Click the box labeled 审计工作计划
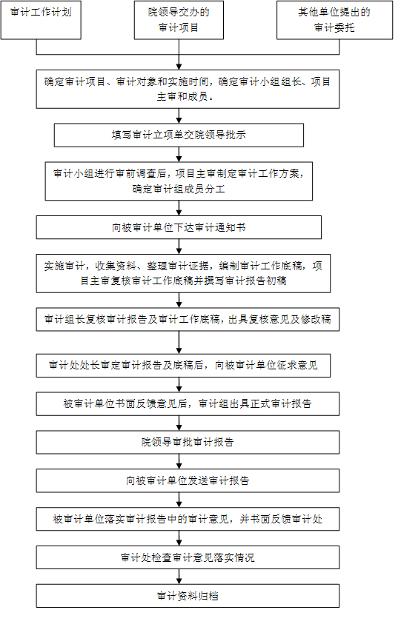click(41, 20)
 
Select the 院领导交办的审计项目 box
click(179, 20)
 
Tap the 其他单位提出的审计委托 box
click(334, 20)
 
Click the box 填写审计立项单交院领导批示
click(179, 135)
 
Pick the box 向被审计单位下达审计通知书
click(179, 227)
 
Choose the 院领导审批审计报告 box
click(188, 442)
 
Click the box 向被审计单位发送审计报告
click(188, 480)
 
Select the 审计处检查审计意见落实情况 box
click(188, 557)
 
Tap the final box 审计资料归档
click(188, 596)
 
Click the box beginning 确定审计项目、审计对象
click(188, 89)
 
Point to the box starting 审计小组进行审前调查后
click(179, 181)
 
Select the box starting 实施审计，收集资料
click(183, 273)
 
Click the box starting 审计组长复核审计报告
click(188, 319)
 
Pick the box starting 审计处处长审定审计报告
click(183, 366)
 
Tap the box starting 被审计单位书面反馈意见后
click(188, 404)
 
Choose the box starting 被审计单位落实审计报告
click(188, 519)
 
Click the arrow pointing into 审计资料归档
click(179, 577)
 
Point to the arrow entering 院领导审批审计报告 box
click(179, 423)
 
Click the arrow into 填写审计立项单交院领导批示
click(179, 115)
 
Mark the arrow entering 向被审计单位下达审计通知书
click(179, 208)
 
